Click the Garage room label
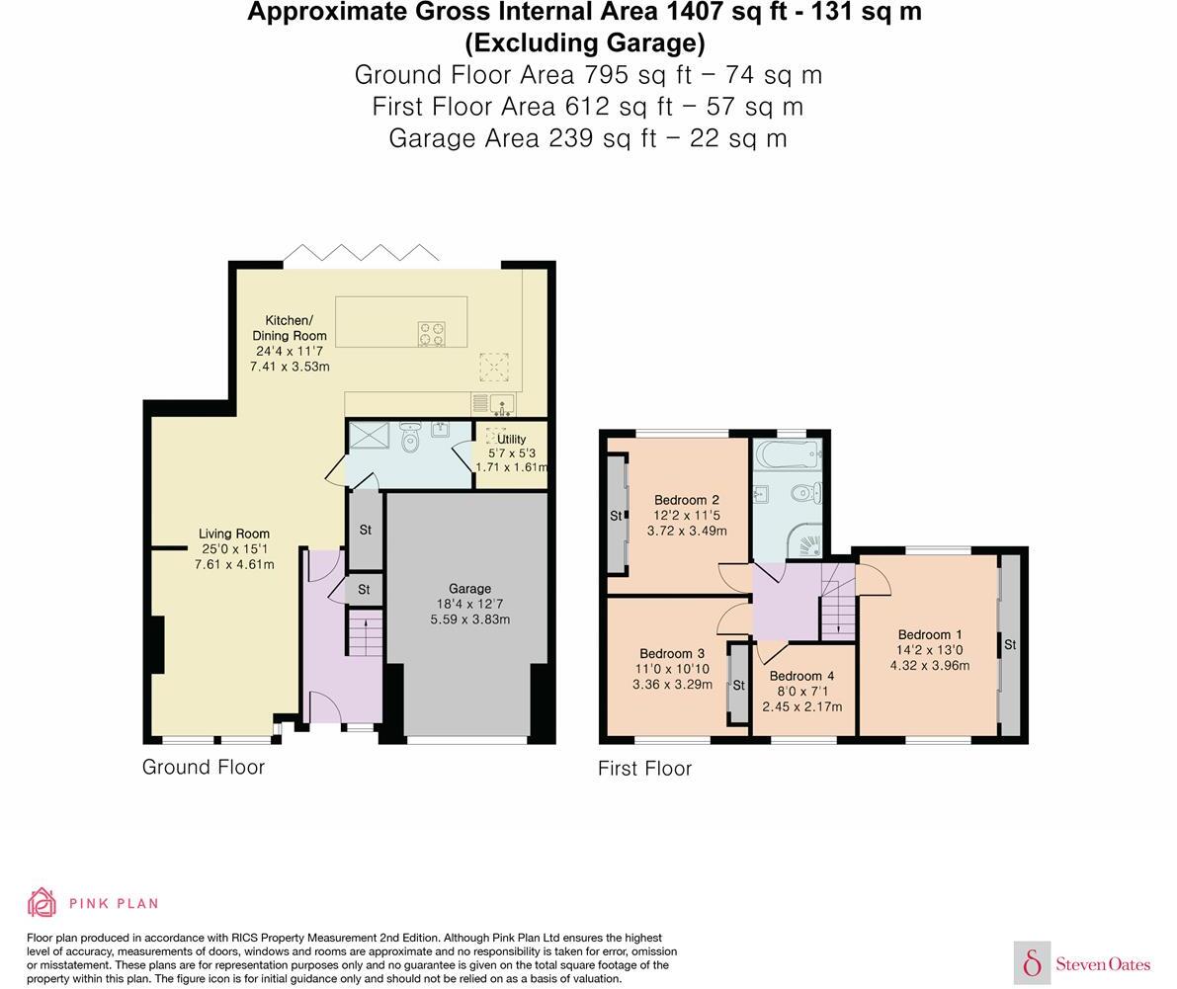click(469, 589)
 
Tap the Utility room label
click(512, 439)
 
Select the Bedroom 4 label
click(801, 677)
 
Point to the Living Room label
click(234, 534)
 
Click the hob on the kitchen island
click(431, 334)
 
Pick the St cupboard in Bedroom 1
click(1009, 645)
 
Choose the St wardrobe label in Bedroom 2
click(616, 516)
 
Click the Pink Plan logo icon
click(42, 902)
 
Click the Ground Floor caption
click(204, 767)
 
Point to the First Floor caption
click(644, 769)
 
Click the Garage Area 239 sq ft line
click(588, 137)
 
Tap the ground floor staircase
click(364, 633)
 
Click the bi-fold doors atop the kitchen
click(362, 253)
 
